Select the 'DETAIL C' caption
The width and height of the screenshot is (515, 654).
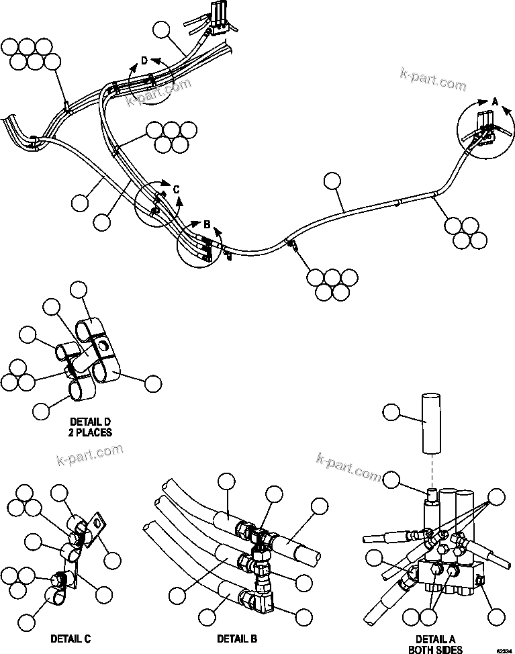click(x=71, y=638)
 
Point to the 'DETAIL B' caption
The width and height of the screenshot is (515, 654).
click(x=236, y=638)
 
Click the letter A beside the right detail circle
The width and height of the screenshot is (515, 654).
click(x=495, y=101)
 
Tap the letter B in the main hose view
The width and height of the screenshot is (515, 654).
click(x=207, y=224)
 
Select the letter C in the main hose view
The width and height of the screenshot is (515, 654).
click(x=176, y=190)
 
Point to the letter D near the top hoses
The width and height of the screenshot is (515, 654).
click(x=144, y=62)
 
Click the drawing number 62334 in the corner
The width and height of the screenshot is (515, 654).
click(x=504, y=650)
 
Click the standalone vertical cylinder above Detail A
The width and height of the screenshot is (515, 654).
click(x=429, y=424)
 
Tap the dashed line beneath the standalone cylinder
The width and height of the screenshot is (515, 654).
click(x=429, y=470)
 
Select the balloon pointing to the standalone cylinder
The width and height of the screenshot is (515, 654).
click(x=391, y=411)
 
